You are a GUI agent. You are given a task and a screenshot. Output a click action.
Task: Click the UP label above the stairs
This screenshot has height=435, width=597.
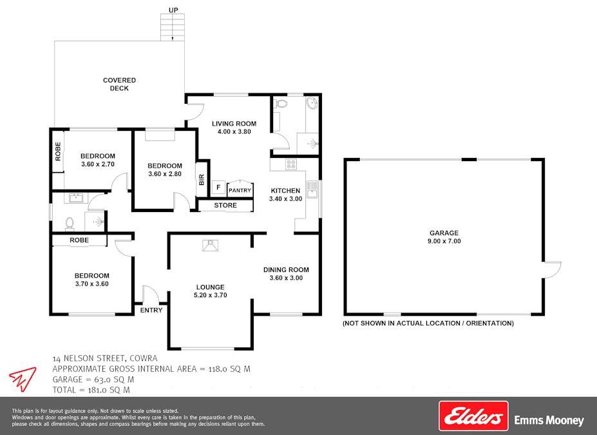pyautogui.click(x=173, y=10)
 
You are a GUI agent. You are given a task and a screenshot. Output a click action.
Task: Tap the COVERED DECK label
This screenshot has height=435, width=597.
pyautogui.click(x=119, y=84)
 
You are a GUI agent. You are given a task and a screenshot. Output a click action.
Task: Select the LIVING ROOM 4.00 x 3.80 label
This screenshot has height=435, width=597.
pyautogui.click(x=234, y=128)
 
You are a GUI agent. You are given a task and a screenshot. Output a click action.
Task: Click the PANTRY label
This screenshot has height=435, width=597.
pyautogui.click(x=240, y=190)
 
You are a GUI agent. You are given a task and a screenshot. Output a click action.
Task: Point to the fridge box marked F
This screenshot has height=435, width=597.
pyautogui.click(x=218, y=188)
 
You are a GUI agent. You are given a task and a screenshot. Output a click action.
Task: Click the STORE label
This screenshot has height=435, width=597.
pyautogui.click(x=225, y=206)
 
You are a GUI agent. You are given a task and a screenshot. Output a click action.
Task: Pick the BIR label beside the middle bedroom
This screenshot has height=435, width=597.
pyautogui.click(x=202, y=181)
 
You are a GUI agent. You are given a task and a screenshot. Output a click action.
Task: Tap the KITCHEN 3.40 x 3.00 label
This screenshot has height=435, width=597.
pyautogui.click(x=285, y=195)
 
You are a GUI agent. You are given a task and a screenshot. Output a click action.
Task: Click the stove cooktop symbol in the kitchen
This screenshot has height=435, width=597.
pyautogui.click(x=290, y=164)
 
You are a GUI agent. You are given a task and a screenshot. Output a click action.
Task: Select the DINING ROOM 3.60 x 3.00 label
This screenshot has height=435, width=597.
pyautogui.click(x=286, y=274)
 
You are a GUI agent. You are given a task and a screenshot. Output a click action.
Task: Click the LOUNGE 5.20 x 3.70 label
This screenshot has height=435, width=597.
pyautogui.click(x=211, y=291)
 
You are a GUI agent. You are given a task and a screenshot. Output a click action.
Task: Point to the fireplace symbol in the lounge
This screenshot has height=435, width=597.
pyautogui.click(x=210, y=244)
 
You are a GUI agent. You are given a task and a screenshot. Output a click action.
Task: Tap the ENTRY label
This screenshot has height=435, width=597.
pyautogui.click(x=151, y=310)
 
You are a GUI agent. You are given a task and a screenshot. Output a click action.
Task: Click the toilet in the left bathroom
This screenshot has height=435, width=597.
pyautogui.click(x=70, y=222)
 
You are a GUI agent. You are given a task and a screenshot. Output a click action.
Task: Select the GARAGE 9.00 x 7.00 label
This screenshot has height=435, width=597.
pyautogui.click(x=444, y=237)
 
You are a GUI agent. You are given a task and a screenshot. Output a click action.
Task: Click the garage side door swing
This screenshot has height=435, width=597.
pyautogui.click(x=553, y=269)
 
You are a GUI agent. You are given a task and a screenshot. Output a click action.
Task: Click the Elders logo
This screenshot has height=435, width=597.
pyautogui.click(x=473, y=416)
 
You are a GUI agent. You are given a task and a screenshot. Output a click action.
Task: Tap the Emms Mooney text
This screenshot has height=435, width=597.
pyautogui.click(x=549, y=421)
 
